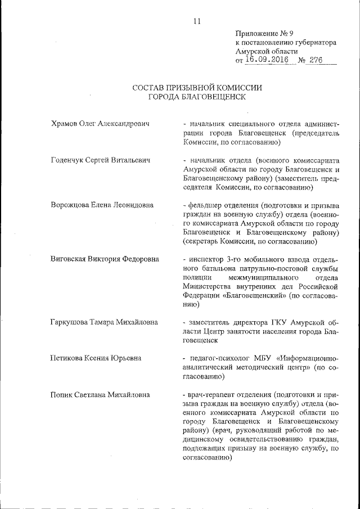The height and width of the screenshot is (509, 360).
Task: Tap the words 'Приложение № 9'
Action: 261,33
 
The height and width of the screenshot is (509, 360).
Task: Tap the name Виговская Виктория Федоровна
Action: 104,259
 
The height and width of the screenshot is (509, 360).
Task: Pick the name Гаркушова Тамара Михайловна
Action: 103,322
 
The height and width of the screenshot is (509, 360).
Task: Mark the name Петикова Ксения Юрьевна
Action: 95,358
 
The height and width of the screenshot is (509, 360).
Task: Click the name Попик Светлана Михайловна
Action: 100,395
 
